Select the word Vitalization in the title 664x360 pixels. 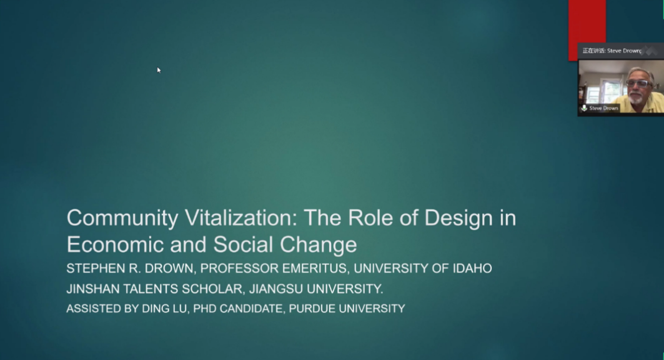[x=241, y=217]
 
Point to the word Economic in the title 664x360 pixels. [x=115, y=244]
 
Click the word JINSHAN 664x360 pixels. [x=92, y=289]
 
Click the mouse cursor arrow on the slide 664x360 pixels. [x=159, y=70]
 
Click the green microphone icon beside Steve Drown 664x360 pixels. [x=584, y=108]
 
